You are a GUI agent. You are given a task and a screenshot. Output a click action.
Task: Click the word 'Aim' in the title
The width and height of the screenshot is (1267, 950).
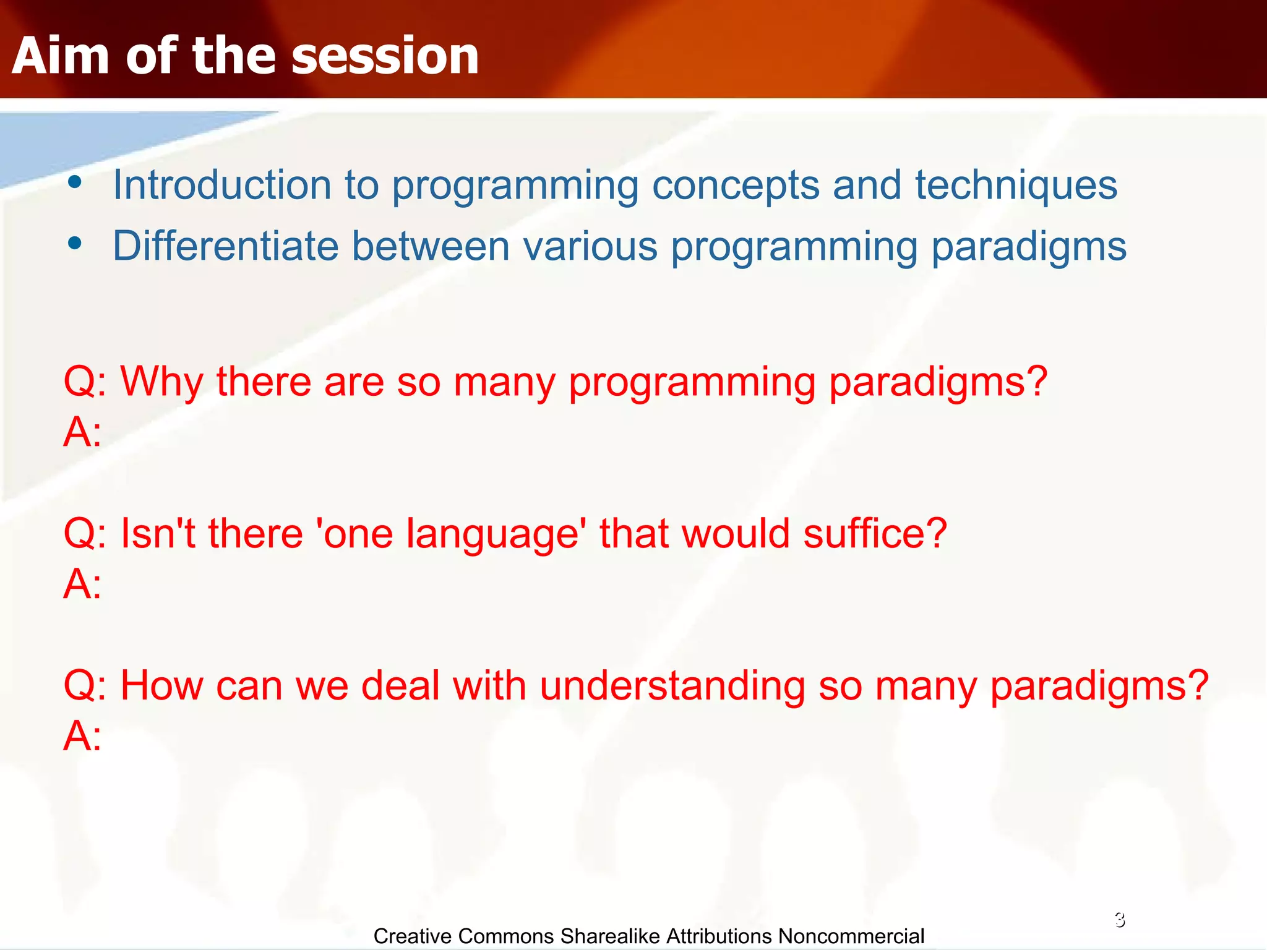(61, 56)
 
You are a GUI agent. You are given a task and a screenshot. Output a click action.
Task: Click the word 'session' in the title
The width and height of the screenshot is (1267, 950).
(385, 56)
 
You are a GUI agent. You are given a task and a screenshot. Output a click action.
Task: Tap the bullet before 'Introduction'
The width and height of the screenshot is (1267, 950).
(75, 182)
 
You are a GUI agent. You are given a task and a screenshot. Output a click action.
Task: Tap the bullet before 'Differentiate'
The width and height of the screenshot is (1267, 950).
(75, 244)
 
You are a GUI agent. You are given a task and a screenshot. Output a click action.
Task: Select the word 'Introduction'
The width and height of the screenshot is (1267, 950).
(222, 185)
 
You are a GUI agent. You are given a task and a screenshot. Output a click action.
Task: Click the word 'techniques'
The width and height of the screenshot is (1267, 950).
(1016, 185)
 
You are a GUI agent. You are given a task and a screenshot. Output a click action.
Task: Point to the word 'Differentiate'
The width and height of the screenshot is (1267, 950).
(225, 246)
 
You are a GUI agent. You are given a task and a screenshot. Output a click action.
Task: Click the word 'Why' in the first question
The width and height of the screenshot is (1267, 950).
(161, 382)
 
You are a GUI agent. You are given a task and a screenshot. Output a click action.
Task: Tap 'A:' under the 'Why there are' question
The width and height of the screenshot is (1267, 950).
(82, 432)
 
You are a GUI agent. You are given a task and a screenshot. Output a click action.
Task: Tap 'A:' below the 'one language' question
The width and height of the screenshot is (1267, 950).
(82, 584)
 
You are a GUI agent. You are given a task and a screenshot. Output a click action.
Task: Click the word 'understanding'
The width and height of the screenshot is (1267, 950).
(672, 687)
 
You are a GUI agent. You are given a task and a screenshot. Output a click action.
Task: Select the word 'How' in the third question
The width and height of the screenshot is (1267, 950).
(161, 686)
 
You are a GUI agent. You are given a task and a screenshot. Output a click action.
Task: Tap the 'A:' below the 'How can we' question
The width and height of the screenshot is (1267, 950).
(82, 736)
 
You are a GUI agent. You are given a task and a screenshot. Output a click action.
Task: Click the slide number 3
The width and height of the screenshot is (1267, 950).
(1120, 920)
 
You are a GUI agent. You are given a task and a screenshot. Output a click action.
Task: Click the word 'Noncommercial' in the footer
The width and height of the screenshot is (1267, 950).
(851, 936)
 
